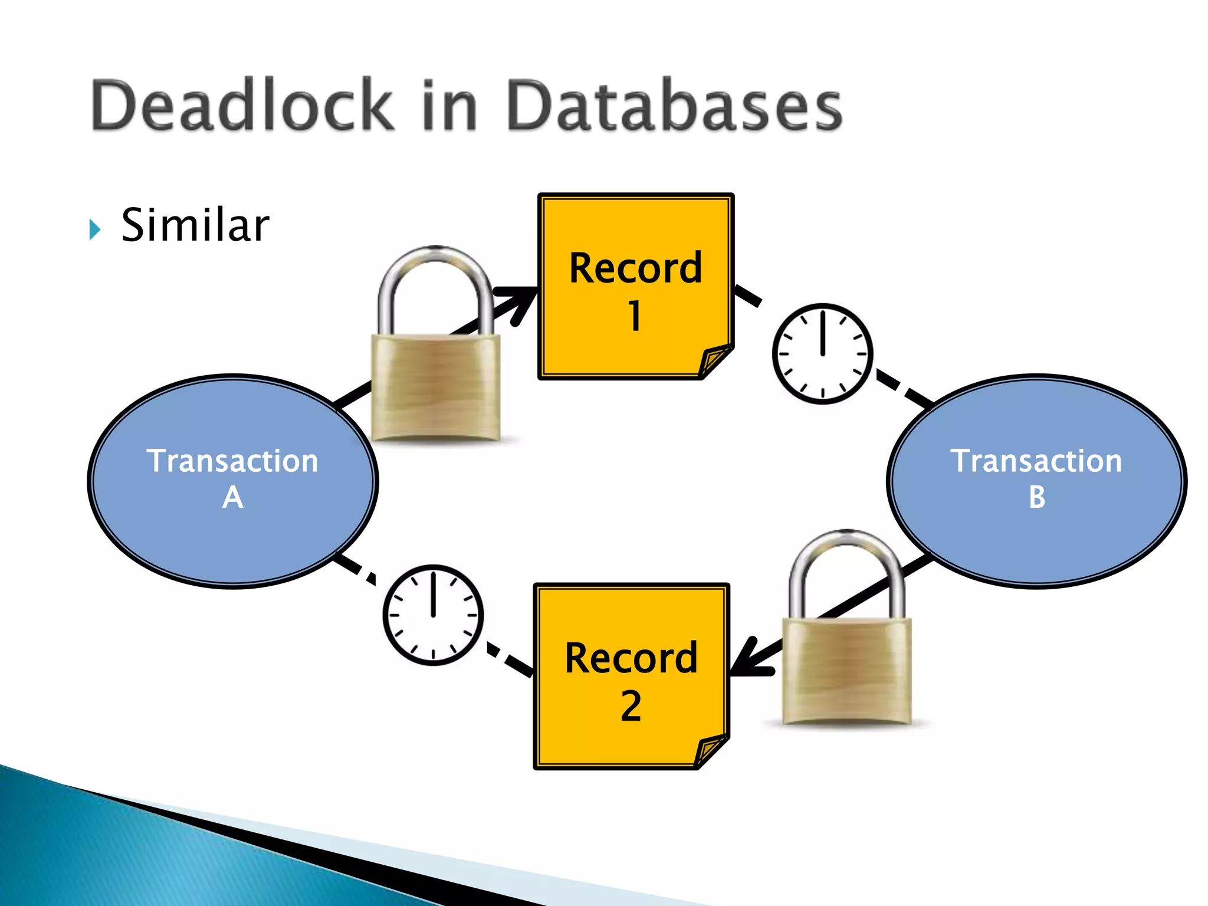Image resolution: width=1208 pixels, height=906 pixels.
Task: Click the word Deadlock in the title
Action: [x=242, y=106]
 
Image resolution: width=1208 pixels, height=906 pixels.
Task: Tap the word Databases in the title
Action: [x=674, y=106]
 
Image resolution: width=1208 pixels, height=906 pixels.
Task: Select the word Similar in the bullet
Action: [x=195, y=225]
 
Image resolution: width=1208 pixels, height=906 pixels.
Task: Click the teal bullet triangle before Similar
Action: [x=94, y=229]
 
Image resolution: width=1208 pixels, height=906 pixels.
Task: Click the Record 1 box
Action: [x=635, y=286]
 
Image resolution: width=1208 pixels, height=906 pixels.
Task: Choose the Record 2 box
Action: [x=631, y=676]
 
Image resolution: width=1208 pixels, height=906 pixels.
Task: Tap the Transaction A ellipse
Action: [x=232, y=481]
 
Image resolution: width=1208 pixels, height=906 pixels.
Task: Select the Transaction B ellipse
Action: [x=1036, y=481]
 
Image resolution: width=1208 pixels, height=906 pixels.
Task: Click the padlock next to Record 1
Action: [x=435, y=386]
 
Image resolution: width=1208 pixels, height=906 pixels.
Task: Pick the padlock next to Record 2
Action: [x=846, y=669]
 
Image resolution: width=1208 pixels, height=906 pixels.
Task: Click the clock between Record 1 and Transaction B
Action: [x=822, y=354]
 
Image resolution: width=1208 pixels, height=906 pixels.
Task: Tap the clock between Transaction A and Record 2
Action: [x=433, y=615]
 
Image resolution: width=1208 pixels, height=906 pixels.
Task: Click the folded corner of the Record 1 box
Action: [x=715, y=360]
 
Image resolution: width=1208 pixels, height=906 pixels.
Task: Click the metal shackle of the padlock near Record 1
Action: [x=435, y=277]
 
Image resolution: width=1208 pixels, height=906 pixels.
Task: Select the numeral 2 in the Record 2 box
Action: [x=631, y=706]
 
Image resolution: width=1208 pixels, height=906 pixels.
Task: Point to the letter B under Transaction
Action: [x=1037, y=497]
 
